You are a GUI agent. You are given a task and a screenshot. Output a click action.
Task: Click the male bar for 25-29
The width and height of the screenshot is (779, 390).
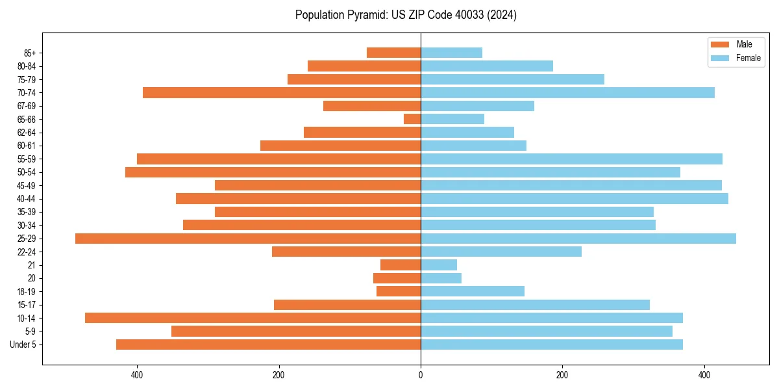(x=248, y=239)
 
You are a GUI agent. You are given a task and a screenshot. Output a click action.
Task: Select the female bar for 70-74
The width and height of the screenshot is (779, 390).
(x=567, y=93)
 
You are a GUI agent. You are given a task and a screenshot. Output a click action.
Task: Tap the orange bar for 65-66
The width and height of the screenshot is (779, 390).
(x=412, y=119)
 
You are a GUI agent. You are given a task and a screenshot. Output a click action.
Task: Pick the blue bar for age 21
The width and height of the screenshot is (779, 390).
(x=439, y=265)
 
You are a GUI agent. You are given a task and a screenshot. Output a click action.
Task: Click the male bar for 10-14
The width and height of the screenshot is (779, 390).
(x=253, y=318)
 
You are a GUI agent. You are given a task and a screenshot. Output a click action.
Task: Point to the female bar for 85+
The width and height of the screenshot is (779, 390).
(x=451, y=53)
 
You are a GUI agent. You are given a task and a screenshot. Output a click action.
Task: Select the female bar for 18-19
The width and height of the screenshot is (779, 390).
(x=473, y=291)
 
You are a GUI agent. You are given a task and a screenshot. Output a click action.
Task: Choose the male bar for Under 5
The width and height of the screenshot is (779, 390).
(x=268, y=344)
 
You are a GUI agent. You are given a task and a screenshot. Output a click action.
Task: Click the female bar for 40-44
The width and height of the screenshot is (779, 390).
(x=575, y=199)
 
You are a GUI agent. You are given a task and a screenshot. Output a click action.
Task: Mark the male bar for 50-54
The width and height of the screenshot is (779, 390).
(x=273, y=172)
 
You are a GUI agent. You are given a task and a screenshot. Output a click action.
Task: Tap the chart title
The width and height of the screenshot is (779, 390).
(x=406, y=15)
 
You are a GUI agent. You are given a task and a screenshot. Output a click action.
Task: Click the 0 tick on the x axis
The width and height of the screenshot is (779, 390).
(x=421, y=376)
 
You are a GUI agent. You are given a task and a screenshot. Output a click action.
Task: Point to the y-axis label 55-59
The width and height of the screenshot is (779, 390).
(x=27, y=159)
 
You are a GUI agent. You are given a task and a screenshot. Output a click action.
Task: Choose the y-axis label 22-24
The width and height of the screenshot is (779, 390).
(x=27, y=252)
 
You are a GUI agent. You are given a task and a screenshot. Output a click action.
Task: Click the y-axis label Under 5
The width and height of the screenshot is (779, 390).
(x=23, y=344)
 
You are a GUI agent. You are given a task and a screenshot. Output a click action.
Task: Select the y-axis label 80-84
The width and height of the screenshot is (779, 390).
(x=27, y=66)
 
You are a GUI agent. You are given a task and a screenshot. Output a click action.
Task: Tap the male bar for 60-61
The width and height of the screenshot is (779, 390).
(x=340, y=146)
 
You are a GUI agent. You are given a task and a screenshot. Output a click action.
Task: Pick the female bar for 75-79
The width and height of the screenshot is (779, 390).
(x=512, y=79)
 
